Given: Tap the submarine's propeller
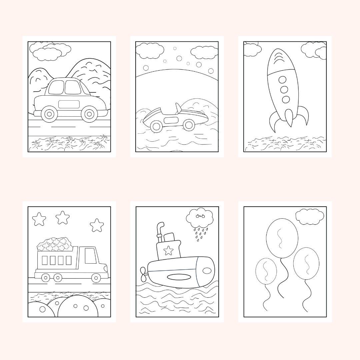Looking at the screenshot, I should point(144,272).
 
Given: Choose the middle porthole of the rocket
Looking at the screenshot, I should point(284,90).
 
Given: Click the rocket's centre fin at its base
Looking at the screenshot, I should point(289,118).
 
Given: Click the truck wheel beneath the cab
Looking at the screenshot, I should point(96,277).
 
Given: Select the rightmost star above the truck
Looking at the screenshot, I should point(97,225).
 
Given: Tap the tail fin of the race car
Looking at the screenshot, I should point(179,108).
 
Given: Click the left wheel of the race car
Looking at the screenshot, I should point(156,126).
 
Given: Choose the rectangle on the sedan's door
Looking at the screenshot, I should point(69,104).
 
